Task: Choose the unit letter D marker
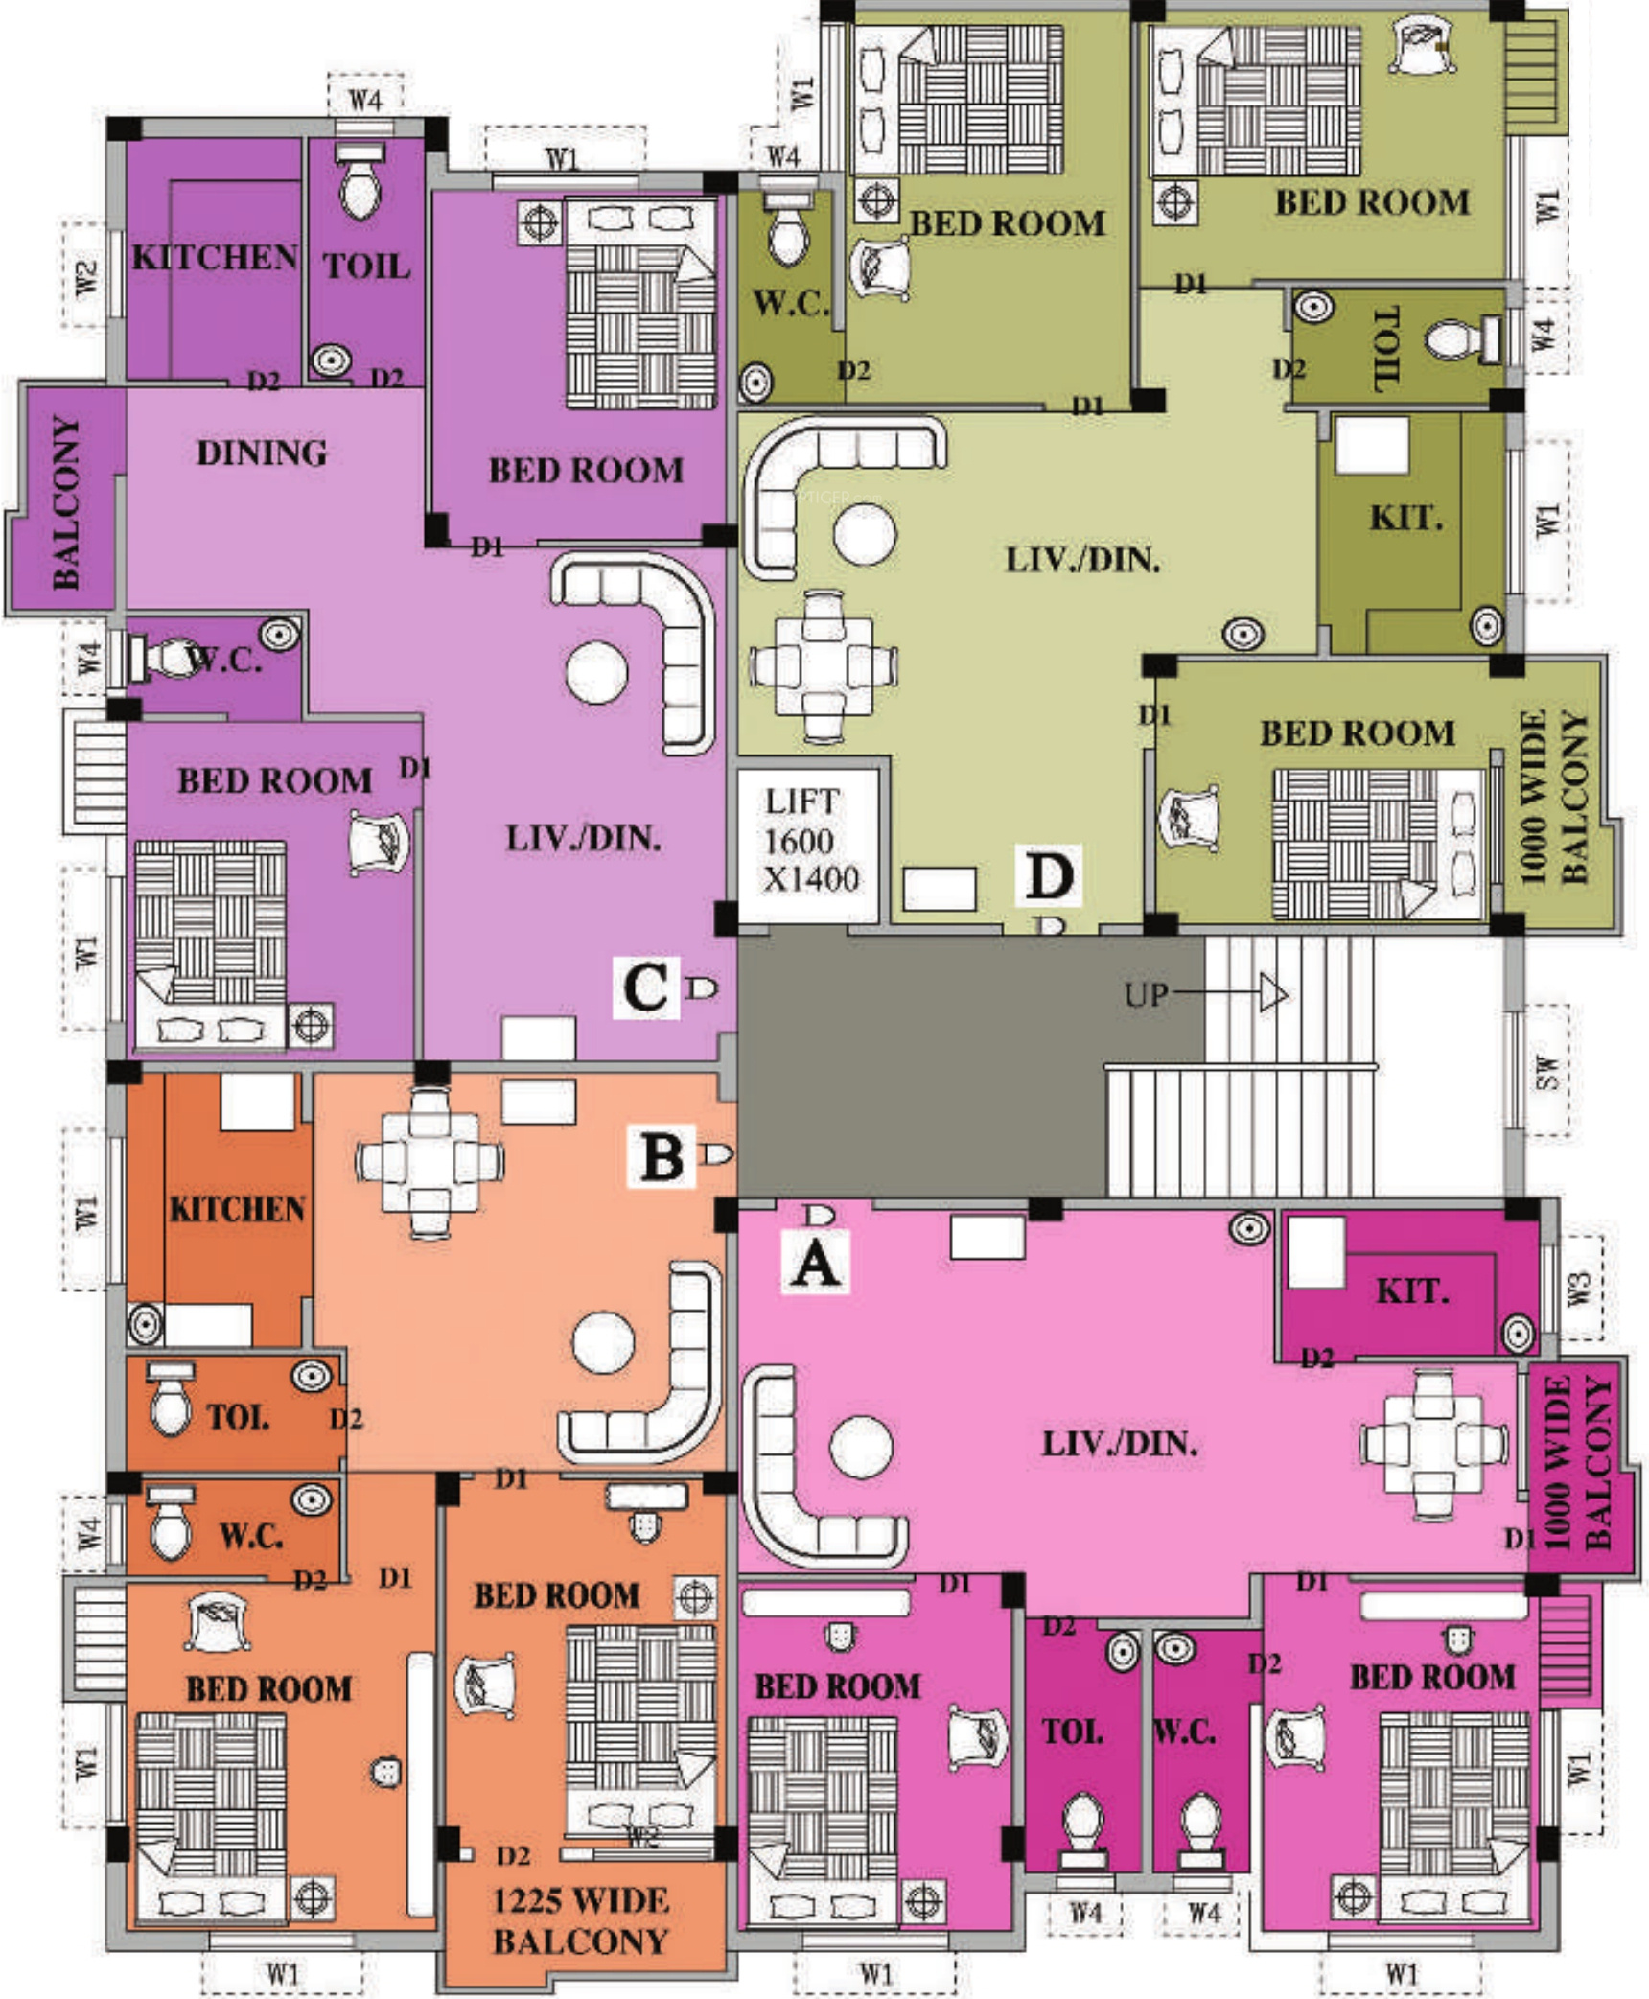click(x=1049, y=874)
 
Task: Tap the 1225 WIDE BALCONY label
click(x=580, y=1920)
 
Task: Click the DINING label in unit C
click(x=261, y=453)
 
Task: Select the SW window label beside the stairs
click(x=1544, y=1071)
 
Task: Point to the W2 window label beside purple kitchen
click(x=85, y=277)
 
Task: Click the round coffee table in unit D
click(x=865, y=533)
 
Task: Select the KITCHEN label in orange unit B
click(x=237, y=1209)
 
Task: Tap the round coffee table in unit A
click(x=861, y=1448)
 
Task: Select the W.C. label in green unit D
click(x=790, y=304)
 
